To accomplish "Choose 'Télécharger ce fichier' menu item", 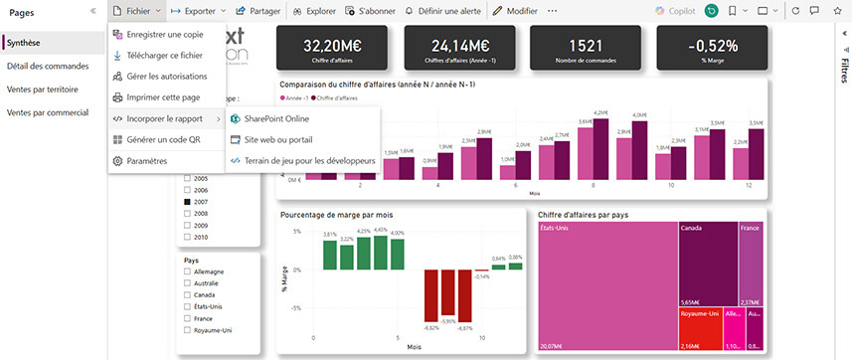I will pyautogui.click(x=164, y=56).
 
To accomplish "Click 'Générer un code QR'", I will pyautogui.click(x=163, y=139).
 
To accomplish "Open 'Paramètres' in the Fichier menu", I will pyautogui.click(x=146, y=160).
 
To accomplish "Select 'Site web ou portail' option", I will pyautogui.click(x=277, y=139).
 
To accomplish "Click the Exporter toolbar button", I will pyautogui.click(x=199, y=10).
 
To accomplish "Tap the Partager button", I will pyautogui.click(x=259, y=10).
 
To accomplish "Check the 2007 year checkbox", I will pyautogui.click(x=186, y=202).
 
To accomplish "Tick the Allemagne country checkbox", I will pyautogui.click(x=186, y=271).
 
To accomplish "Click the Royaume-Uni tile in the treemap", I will pyautogui.click(x=699, y=328).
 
